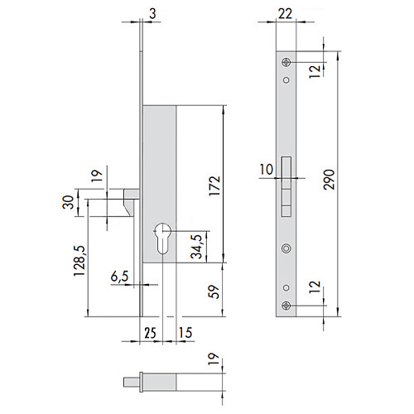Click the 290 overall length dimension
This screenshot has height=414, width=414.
coord(329,180)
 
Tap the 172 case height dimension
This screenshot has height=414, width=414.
coord(214,185)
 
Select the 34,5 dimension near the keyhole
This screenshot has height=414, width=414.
coord(197,247)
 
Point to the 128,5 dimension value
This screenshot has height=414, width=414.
coord(79,260)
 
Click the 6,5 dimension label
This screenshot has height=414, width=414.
coord(120,277)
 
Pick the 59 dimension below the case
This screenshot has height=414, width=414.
coord(214,291)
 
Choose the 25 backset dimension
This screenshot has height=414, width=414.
coord(151,333)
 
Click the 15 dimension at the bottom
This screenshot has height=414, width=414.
coord(185,333)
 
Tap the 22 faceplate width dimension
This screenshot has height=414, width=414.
coord(285,14)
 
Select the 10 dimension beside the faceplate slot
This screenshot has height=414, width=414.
coord(267,170)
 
